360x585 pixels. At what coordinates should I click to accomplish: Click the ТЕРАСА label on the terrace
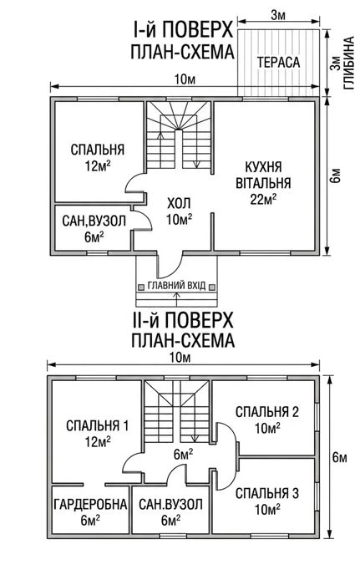pyautogui.click(x=278, y=63)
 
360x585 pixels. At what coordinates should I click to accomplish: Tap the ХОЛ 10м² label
pyautogui.click(x=179, y=211)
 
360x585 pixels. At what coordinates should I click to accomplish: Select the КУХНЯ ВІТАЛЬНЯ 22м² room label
pyautogui.click(x=263, y=183)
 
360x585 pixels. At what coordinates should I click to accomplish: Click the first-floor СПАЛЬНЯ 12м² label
pyautogui.click(x=98, y=157)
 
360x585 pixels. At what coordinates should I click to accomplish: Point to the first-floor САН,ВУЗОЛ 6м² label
pyautogui.click(x=94, y=229)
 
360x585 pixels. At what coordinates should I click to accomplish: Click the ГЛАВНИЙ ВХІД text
pyautogui.click(x=176, y=286)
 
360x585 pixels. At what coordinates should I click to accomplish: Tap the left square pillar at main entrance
pyautogui.click(x=141, y=287)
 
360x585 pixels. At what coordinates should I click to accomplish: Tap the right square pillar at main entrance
pyautogui.click(x=211, y=287)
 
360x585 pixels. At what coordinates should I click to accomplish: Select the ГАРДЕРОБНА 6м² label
pyautogui.click(x=90, y=511)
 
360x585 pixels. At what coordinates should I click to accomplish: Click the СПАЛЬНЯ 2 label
pyautogui.click(x=267, y=412)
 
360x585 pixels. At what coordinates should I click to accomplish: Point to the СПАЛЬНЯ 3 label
pyautogui.click(x=267, y=493)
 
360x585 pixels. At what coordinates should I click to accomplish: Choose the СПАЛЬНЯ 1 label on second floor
pyautogui.click(x=98, y=425)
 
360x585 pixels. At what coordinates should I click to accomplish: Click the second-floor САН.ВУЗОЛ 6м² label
pyautogui.click(x=170, y=511)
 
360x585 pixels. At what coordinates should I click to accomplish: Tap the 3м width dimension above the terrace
pyautogui.click(x=278, y=15)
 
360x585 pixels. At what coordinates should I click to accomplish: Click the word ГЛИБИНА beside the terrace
pyautogui.click(x=349, y=63)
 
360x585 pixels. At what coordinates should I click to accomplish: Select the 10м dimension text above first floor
pyautogui.click(x=185, y=79)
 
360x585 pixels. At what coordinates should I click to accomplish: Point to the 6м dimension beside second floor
pyautogui.click(x=339, y=456)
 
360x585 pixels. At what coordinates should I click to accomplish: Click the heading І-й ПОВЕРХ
pyautogui.click(x=183, y=30)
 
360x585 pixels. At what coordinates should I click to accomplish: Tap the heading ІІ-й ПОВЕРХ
pyautogui.click(x=182, y=320)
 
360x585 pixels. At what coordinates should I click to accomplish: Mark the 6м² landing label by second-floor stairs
pyautogui.click(x=183, y=454)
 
